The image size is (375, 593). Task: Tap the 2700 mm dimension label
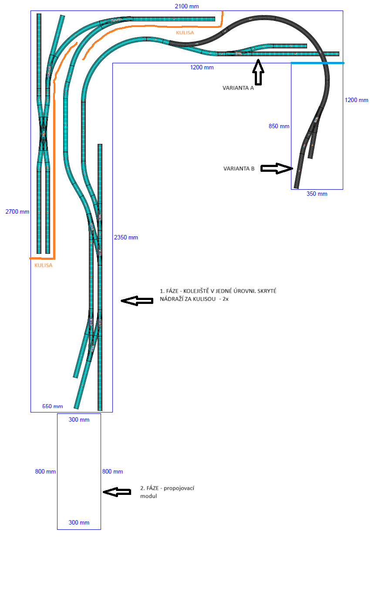click(x=17, y=212)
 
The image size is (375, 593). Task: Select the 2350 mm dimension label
click(x=126, y=238)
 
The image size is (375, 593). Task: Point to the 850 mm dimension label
click(x=279, y=126)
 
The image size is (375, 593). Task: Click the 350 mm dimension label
click(x=317, y=194)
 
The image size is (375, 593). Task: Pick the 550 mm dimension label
click(x=53, y=406)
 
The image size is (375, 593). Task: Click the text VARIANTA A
click(x=238, y=88)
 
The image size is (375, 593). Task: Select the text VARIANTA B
click(x=239, y=169)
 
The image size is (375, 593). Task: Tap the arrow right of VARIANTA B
click(x=277, y=168)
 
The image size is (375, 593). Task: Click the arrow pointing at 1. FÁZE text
click(x=137, y=300)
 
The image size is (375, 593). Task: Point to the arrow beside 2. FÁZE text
click(x=117, y=492)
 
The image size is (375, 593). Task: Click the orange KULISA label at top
click(x=185, y=32)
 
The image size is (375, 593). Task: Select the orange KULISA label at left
click(x=43, y=265)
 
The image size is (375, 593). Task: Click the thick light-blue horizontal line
click(x=317, y=63)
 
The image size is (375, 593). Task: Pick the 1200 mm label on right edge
click(x=356, y=100)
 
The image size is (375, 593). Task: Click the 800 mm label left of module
click(x=45, y=472)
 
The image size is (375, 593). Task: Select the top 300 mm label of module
click(x=79, y=420)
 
